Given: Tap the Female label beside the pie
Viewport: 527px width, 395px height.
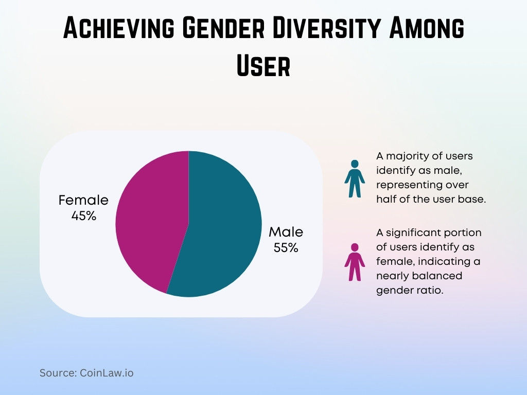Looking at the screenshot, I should pyautogui.click(x=83, y=200).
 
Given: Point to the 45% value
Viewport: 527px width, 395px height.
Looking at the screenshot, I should pyautogui.click(x=83, y=216).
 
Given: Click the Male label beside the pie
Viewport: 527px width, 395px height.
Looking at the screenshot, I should pyautogui.click(x=286, y=232).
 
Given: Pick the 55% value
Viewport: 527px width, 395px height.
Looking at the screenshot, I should pyautogui.click(x=286, y=248).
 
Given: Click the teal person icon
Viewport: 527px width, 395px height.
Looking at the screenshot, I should pyautogui.click(x=355, y=179).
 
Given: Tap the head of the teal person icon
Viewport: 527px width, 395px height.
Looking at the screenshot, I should pyautogui.click(x=355, y=164).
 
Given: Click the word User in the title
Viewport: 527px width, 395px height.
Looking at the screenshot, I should pyautogui.click(x=263, y=66).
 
